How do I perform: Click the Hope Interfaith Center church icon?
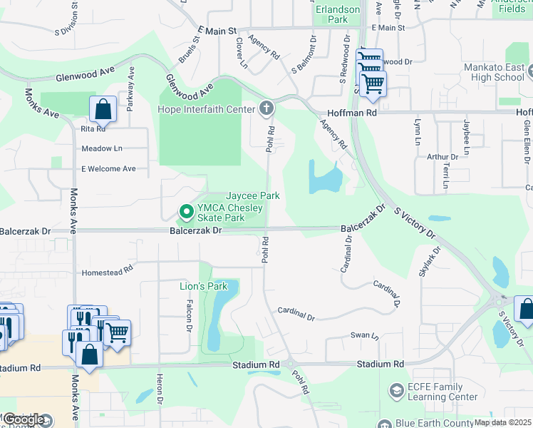[x=266, y=109]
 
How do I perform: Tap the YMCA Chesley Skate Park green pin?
[x=186, y=212]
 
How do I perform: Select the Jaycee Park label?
[x=252, y=195]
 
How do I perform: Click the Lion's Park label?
[x=202, y=286]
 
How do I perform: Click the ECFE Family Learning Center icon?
[x=396, y=391]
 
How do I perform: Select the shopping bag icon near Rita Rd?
[x=103, y=110]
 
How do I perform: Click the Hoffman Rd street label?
[x=352, y=113]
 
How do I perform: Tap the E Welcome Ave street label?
[x=108, y=169]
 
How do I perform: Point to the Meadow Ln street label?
[x=102, y=148]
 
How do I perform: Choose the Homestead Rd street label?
[x=108, y=271]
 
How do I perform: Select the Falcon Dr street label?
[x=190, y=315]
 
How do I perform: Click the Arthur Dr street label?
[x=442, y=157]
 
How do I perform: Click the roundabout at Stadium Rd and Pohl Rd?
[x=291, y=365]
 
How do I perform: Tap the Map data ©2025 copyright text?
[x=503, y=422]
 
